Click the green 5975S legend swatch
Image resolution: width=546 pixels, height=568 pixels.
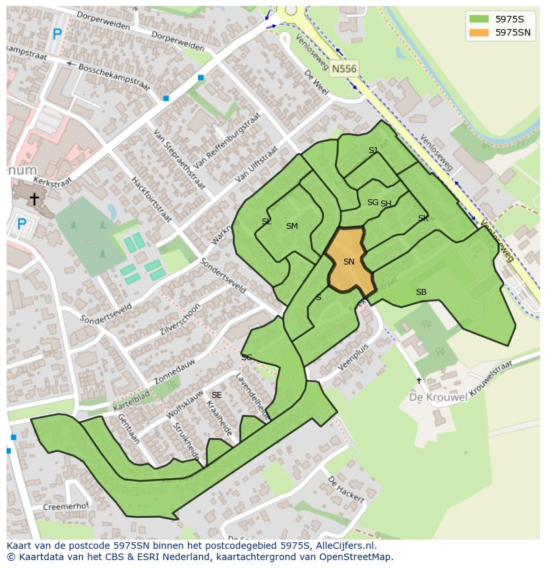click(x=478, y=18)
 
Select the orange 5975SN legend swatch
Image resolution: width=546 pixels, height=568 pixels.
click(x=478, y=32)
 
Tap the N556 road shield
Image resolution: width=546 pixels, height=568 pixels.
click(x=344, y=69)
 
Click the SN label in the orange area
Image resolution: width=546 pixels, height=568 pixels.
click(x=349, y=262)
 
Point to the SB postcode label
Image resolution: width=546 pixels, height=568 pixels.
click(x=421, y=292)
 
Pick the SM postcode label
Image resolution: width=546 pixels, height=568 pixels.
click(x=291, y=226)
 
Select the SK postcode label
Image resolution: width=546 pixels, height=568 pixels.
click(x=423, y=218)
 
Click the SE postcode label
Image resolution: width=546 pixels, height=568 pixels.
click(x=216, y=395)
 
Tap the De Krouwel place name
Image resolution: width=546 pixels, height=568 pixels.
click(x=439, y=397)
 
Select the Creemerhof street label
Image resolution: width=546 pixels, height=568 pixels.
click(x=65, y=507)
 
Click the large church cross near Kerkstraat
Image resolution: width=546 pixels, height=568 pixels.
click(x=34, y=198)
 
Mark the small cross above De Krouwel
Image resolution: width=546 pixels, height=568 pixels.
click(x=419, y=381)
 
